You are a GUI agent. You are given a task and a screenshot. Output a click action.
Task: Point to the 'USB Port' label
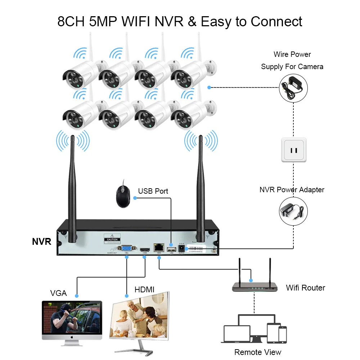(153, 191)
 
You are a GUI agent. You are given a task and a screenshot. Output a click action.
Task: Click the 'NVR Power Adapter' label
(292, 190)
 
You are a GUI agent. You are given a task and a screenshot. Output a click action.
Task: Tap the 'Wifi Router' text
(305, 288)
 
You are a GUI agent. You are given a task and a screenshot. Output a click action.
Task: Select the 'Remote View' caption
(258, 352)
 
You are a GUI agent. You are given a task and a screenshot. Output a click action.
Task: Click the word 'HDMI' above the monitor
(144, 289)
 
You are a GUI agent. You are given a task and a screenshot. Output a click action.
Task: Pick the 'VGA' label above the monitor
(58, 293)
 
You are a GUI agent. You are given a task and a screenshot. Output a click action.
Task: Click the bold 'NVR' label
(41, 242)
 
